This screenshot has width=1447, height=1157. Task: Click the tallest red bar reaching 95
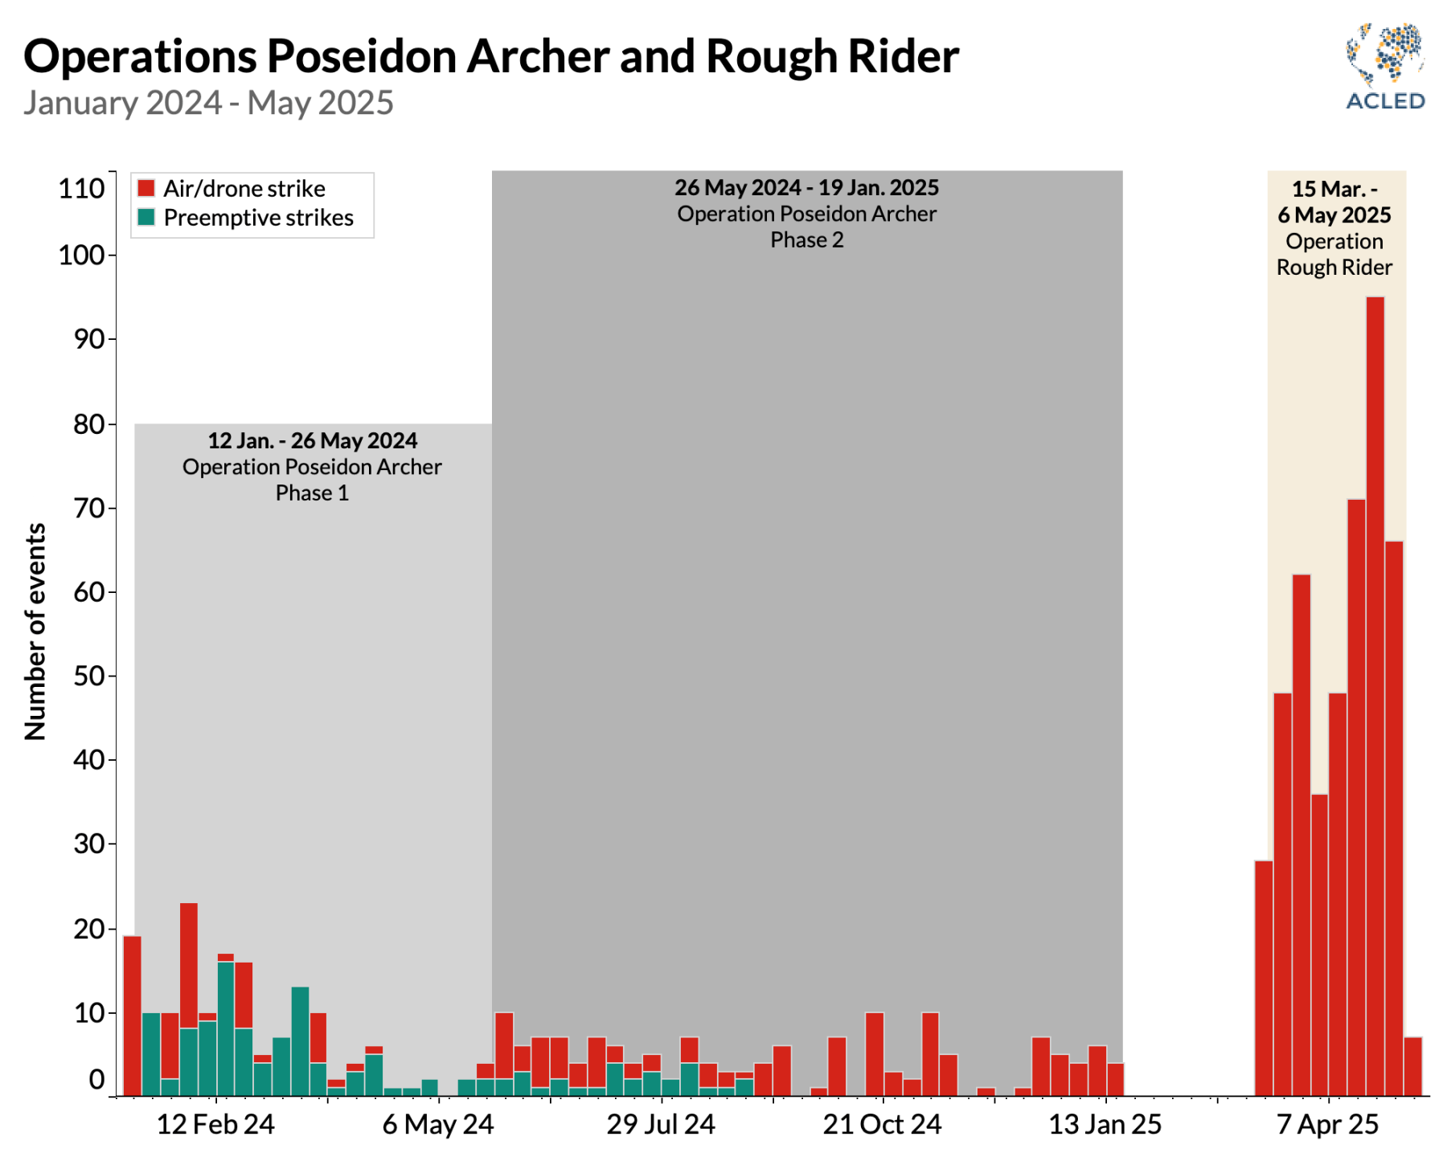(1375, 691)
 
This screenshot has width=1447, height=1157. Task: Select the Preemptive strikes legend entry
(246, 218)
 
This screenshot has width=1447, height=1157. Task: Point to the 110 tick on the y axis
(82, 189)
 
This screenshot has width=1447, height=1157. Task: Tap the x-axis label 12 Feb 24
(215, 1124)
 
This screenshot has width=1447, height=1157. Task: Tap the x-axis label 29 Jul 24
(661, 1124)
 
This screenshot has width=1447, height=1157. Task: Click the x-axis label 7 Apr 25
(1328, 1124)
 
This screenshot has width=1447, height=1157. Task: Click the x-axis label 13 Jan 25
(1105, 1124)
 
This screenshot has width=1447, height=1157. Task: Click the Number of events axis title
(35, 631)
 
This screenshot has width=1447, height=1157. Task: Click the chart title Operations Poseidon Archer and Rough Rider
(491, 56)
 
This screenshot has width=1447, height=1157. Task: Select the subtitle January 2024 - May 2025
(208, 103)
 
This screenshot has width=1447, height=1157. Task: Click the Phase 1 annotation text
(312, 493)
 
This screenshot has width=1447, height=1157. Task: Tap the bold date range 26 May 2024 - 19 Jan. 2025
(806, 187)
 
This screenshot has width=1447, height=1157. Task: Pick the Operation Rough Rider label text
(1334, 254)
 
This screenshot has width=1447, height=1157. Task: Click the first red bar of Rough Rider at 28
(1264, 977)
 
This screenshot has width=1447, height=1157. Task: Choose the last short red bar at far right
(1412, 1066)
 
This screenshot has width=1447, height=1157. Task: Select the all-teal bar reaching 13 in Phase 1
(300, 1040)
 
